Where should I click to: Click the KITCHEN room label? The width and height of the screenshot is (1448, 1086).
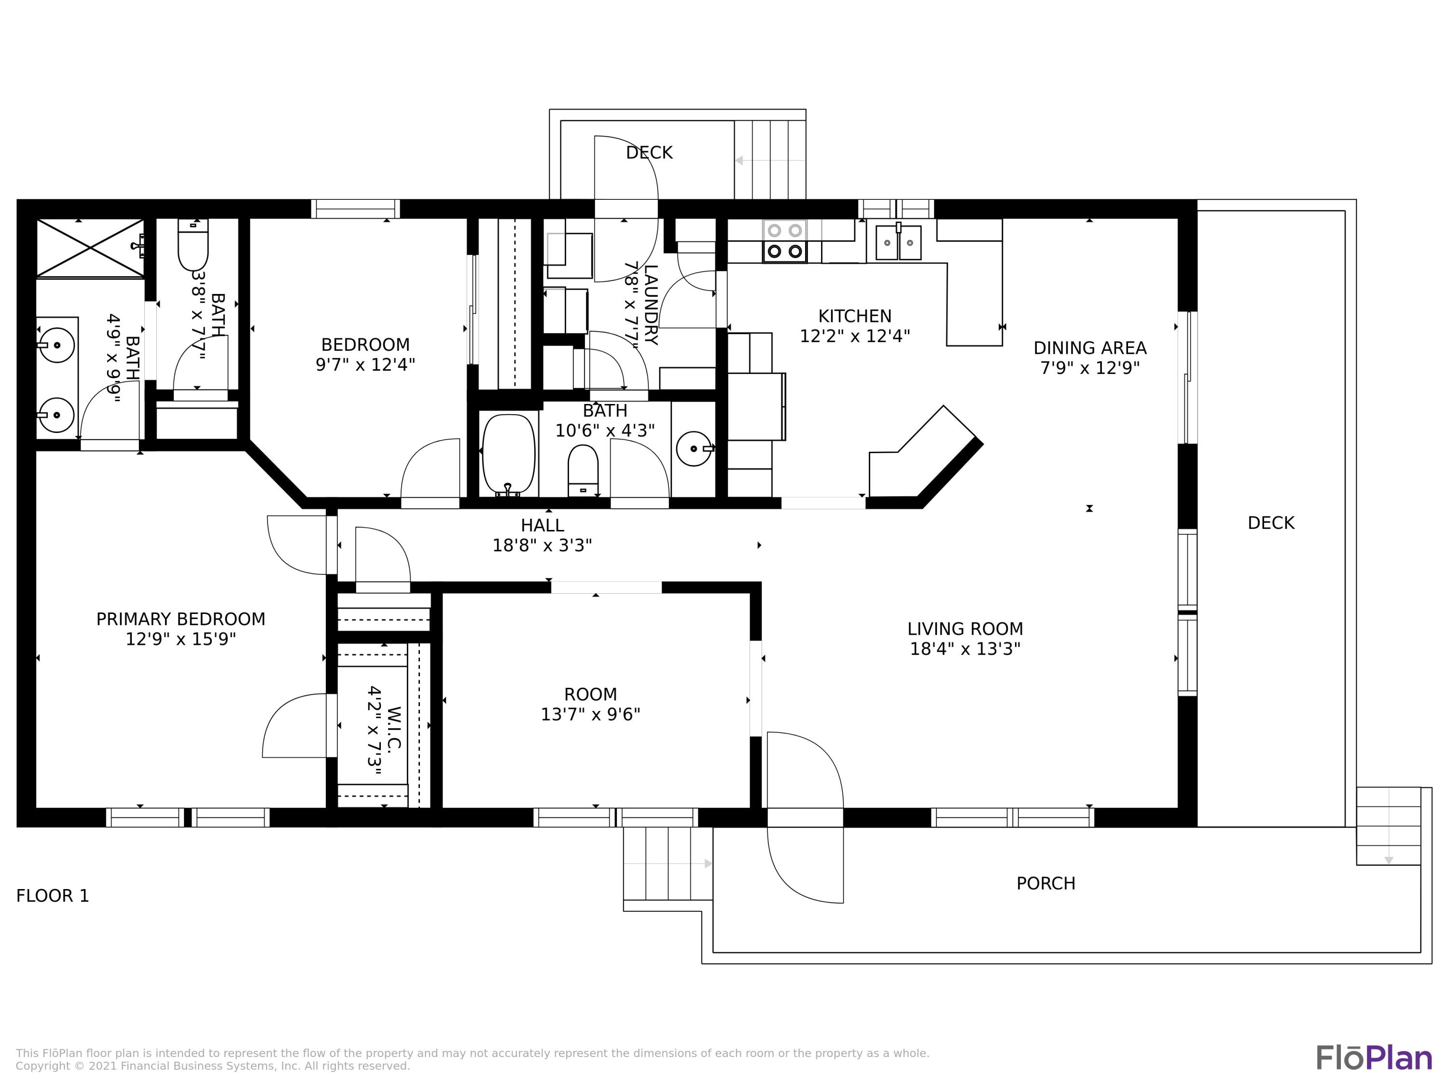coord(854,316)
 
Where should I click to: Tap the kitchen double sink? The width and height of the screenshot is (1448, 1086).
coord(898,242)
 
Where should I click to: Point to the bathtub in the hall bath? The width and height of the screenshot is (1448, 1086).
coord(509,453)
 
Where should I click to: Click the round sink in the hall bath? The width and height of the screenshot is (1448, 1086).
coord(693,448)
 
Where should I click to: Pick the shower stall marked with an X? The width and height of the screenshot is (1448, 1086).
coord(90,248)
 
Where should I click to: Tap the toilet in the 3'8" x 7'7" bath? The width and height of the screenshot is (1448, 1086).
coord(193,248)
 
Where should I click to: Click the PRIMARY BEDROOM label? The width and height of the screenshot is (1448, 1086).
coord(181,619)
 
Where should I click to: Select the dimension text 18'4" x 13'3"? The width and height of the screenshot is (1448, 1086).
coord(965,649)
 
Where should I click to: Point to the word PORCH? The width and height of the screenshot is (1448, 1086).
coord(1045,883)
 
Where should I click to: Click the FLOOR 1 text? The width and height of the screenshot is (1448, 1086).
coord(52,895)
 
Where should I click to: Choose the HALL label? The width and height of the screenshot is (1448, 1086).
coord(542,525)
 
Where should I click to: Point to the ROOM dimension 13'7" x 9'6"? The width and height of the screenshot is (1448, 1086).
coord(590,714)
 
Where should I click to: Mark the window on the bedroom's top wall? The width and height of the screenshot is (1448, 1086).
coord(355,209)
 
